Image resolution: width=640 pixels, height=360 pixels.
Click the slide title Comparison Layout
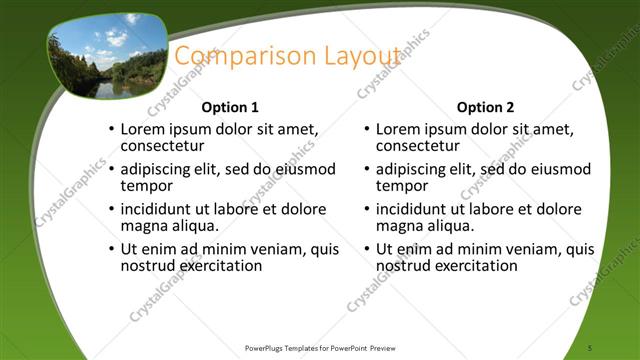click(288, 57)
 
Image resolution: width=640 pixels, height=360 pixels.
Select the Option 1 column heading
click(230, 107)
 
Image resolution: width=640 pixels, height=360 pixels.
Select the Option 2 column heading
click(485, 107)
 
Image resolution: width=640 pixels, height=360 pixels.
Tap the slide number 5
click(592, 347)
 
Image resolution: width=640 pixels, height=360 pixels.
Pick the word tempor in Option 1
click(146, 185)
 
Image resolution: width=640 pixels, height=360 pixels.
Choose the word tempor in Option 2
click(401, 185)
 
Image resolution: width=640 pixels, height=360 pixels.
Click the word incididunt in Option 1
click(158, 209)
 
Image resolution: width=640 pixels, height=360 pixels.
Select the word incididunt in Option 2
click(413, 209)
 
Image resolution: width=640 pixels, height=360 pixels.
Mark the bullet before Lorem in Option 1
click(111, 130)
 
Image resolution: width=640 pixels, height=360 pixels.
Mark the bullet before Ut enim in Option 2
click(366, 250)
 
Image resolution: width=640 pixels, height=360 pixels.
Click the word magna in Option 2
click(398, 226)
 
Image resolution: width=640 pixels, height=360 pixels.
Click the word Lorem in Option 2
click(399, 129)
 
